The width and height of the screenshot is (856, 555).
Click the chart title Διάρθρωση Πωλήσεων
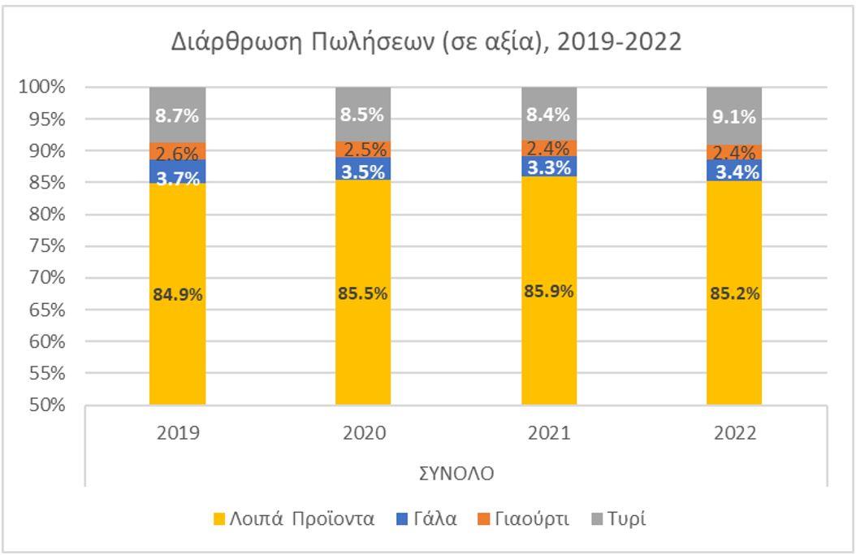(x=426, y=42)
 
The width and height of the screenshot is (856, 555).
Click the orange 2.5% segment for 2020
(x=363, y=150)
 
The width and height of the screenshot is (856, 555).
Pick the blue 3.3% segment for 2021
(x=548, y=166)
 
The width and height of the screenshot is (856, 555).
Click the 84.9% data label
(x=177, y=294)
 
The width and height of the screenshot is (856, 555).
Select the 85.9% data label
(x=548, y=291)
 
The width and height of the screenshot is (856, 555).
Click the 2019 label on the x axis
(x=177, y=434)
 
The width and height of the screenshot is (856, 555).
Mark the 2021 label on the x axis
(x=548, y=434)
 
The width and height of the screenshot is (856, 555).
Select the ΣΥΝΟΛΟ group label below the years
(x=456, y=474)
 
